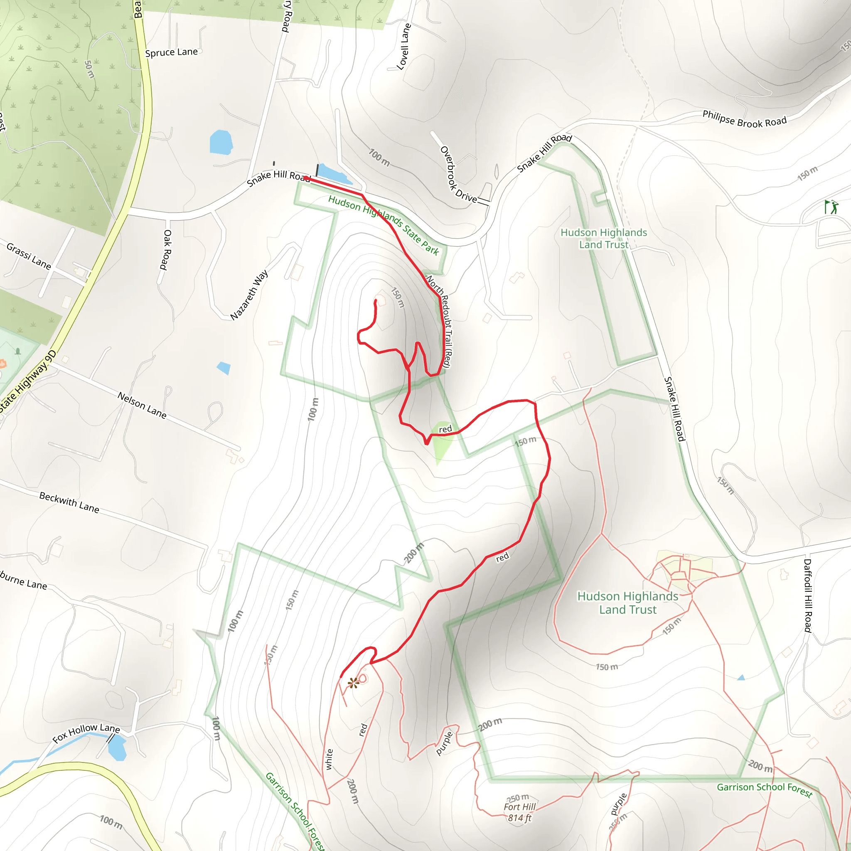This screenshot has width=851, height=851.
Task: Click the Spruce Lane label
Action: pos(171,52)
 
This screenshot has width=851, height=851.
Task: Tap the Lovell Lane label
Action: pos(403,47)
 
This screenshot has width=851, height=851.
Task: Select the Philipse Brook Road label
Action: pos(744,119)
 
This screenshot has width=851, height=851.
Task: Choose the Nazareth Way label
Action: pos(249,295)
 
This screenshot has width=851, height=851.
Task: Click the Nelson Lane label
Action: pos(142,405)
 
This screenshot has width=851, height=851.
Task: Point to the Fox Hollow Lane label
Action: pos(86,733)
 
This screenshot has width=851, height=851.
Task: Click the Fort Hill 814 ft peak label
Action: pos(520,812)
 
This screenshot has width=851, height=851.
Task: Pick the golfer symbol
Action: pos(831,207)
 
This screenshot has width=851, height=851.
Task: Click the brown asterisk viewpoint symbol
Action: pos(353,683)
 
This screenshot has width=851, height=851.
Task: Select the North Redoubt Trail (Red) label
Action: pos(439,322)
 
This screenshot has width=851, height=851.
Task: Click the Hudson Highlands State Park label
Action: pos(383,225)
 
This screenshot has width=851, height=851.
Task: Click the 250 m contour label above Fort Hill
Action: pos(518,798)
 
